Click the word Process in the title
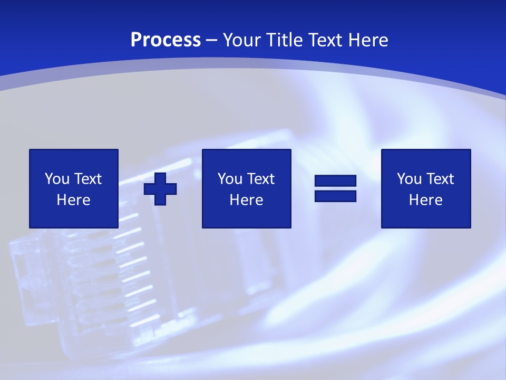pos(166,40)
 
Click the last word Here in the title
pos(368,40)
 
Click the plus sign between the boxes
pos(160,188)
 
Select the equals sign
pos(335,188)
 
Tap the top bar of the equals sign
pos(335,181)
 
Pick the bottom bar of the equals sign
pos(335,196)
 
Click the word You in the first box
pos(57,179)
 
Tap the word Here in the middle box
pos(247,200)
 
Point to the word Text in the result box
pos(440,179)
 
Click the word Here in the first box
pos(74,200)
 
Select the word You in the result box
pos(409,179)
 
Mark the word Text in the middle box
pos(261,179)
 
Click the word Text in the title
pos(326,40)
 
